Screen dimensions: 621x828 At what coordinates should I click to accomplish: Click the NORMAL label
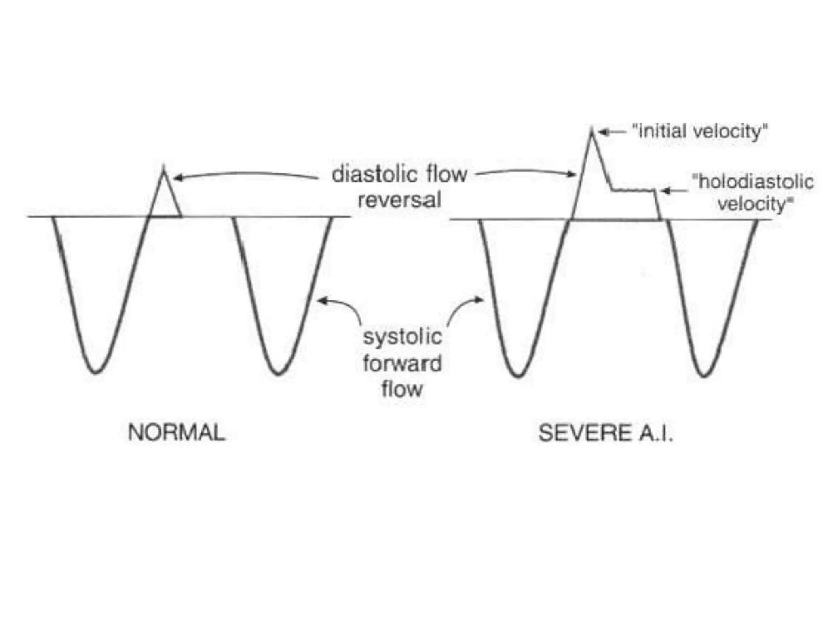(176, 433)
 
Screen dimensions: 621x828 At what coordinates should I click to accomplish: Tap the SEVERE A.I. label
(605, 433)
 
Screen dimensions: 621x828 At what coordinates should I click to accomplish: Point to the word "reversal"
(399, 200)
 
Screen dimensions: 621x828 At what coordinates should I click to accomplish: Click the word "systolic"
(402, 337)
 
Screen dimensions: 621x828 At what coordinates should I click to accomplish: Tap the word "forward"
(402, 363)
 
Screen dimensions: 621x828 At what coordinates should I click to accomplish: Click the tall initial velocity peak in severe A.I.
(591, 131)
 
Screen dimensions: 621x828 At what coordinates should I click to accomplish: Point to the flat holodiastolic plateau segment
(633, 190)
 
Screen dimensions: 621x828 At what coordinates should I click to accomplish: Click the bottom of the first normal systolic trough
(96, 372)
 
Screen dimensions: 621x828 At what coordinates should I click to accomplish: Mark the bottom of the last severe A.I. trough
(703, 376)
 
